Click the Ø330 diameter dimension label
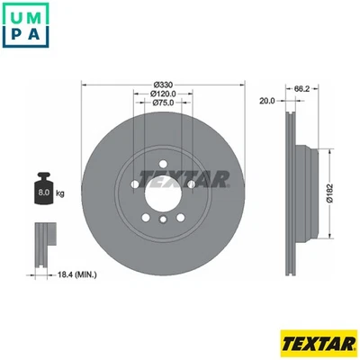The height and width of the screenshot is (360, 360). (x=162, y=85)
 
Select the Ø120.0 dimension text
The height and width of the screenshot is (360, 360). (x=162, y=94)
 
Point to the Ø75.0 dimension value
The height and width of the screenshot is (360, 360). (x=162, y=103)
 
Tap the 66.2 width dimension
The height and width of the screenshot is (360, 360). (x=302, y=89)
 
